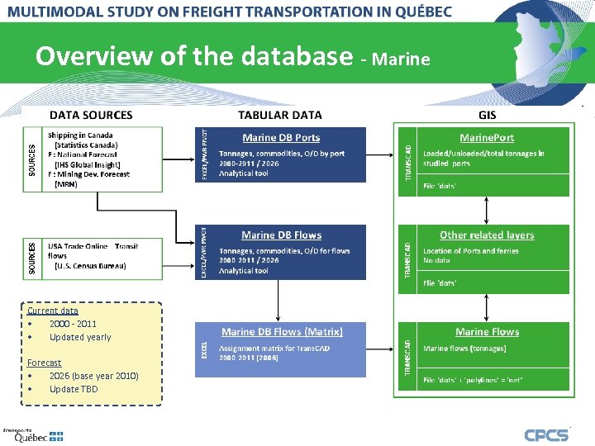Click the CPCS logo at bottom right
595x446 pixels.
(546, 434)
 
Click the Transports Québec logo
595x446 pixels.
(33, 435)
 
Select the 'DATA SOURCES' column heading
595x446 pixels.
(91, 115)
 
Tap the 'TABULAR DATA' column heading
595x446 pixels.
(280, 115)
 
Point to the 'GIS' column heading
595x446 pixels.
(488, 115)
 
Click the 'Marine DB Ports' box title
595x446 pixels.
(281, 138)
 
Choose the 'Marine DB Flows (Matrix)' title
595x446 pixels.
(282, 332)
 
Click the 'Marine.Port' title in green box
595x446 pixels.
(487, 138)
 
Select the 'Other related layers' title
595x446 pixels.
(487, 235)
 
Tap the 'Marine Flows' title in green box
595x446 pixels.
(487, 332)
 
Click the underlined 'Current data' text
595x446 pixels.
(53, 311)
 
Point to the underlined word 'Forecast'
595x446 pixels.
(44, 363)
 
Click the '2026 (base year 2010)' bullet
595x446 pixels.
(93, 376)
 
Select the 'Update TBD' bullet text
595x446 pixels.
(74, 389)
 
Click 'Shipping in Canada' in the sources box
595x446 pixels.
(80, 135)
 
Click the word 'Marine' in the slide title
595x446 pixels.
(401, 59)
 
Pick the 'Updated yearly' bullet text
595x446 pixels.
(80, 337)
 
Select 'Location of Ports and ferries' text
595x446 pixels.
(471, 251)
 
